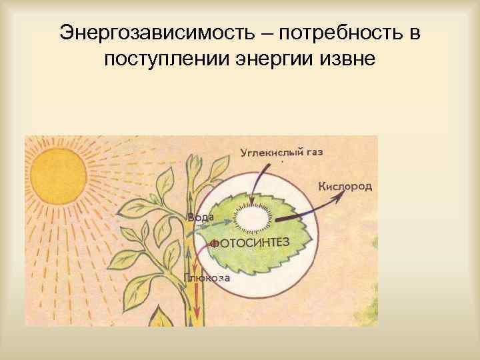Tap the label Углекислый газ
281,152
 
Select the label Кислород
345,186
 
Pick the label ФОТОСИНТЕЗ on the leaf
251,243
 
